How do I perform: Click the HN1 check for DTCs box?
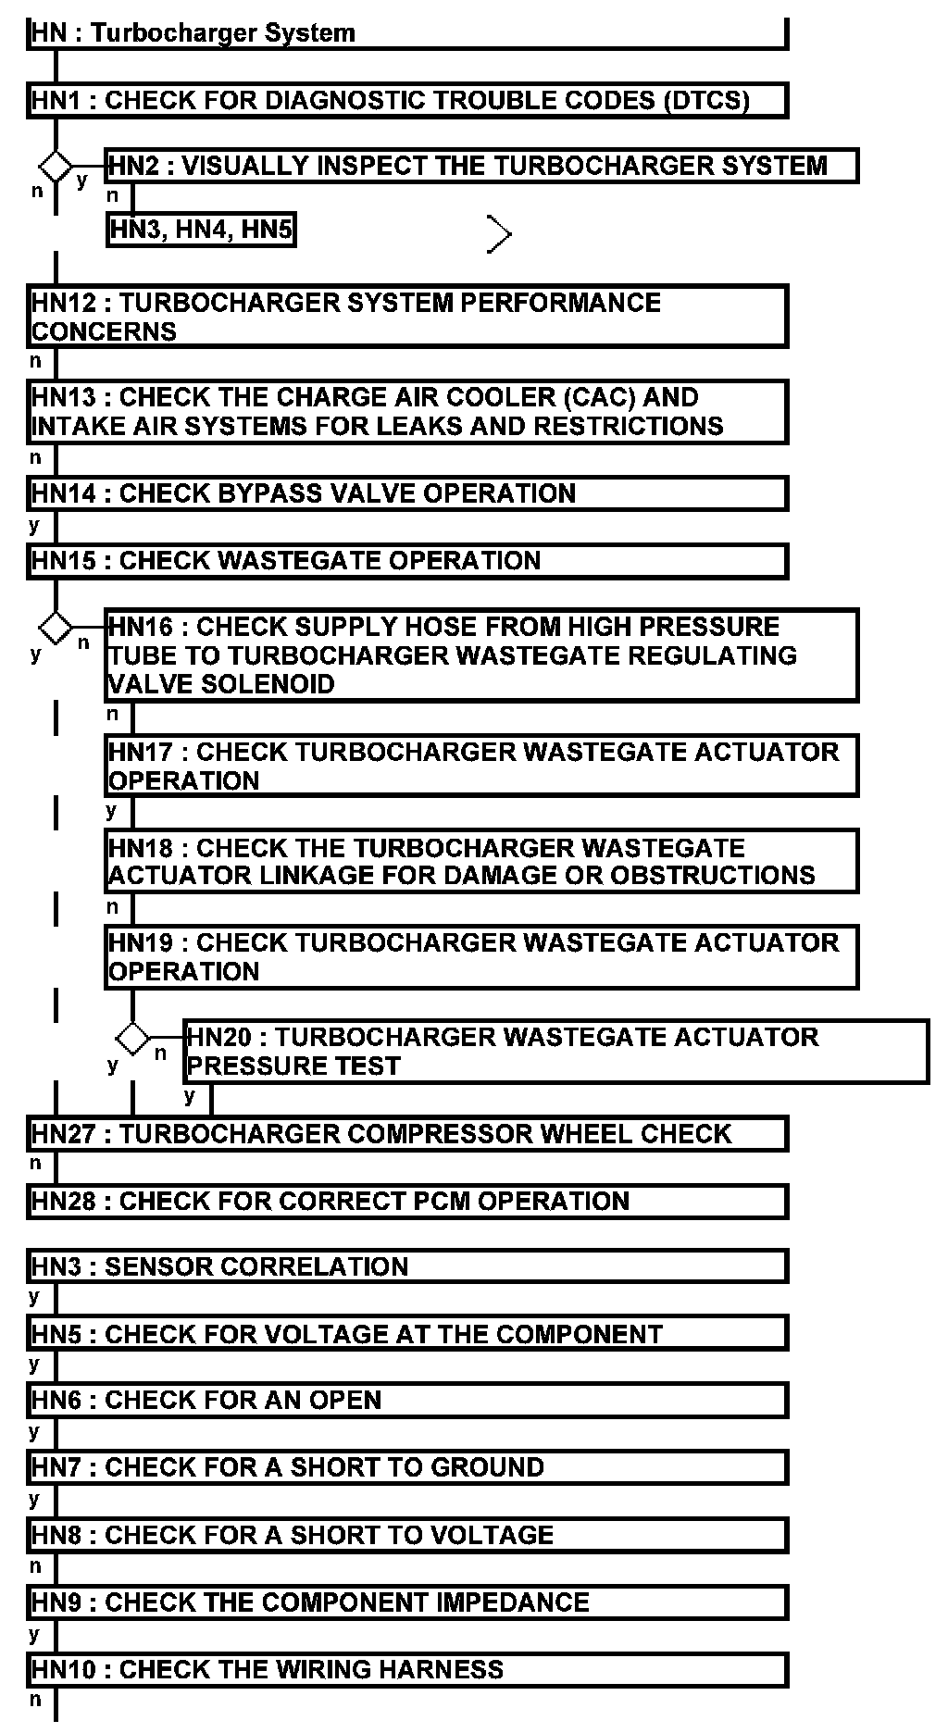407,100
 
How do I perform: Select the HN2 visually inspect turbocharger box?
481,166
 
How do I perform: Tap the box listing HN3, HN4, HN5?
201,229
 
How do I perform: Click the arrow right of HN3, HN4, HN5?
499,234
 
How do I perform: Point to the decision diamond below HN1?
56,167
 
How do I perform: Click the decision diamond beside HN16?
56,627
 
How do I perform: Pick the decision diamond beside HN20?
133,1038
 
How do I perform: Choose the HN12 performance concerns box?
407,317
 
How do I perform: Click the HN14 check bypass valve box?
407,493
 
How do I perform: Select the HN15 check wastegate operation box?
407,561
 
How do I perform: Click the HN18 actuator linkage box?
481,862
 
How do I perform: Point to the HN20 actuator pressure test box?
555,1052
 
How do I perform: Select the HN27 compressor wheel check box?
407,1134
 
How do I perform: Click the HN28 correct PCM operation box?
407,1202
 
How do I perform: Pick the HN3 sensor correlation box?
407,1266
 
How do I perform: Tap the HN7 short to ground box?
407,1467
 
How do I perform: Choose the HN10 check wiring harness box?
407,1670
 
